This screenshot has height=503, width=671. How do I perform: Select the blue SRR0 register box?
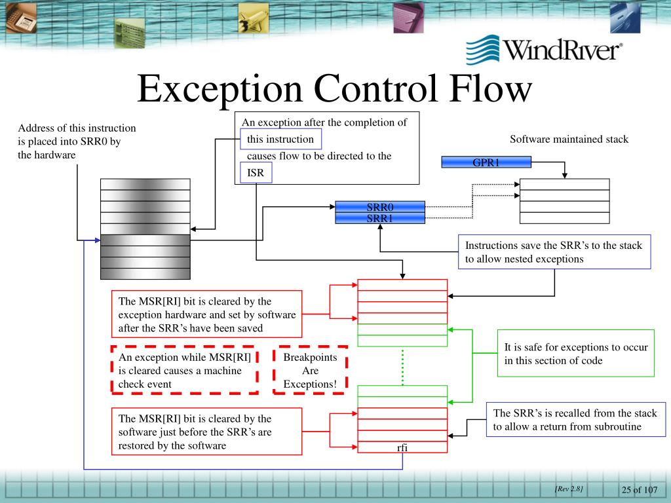click(380, 207)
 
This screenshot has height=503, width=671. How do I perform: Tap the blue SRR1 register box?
click(380, 218)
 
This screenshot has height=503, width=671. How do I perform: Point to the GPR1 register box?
click(486, 162)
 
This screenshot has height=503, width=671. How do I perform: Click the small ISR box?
click(256, 173)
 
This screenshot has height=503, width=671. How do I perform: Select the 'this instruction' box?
click(280, 139)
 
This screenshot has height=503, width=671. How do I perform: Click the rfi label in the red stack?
click(402, 448)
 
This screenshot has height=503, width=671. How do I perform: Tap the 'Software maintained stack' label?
click(569, 139)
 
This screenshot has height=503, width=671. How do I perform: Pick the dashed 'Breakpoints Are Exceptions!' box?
click(310, 370)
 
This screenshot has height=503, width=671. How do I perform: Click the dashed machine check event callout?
click(184, 370)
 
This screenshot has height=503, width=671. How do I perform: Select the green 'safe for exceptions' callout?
click(575, 354)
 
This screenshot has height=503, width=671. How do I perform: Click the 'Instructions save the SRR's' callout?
click(554, 252)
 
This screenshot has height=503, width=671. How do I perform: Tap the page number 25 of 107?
click(639, 491)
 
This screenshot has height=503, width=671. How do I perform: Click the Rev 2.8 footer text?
click(568, 489)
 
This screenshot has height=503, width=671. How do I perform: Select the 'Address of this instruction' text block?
click(77, 141)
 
